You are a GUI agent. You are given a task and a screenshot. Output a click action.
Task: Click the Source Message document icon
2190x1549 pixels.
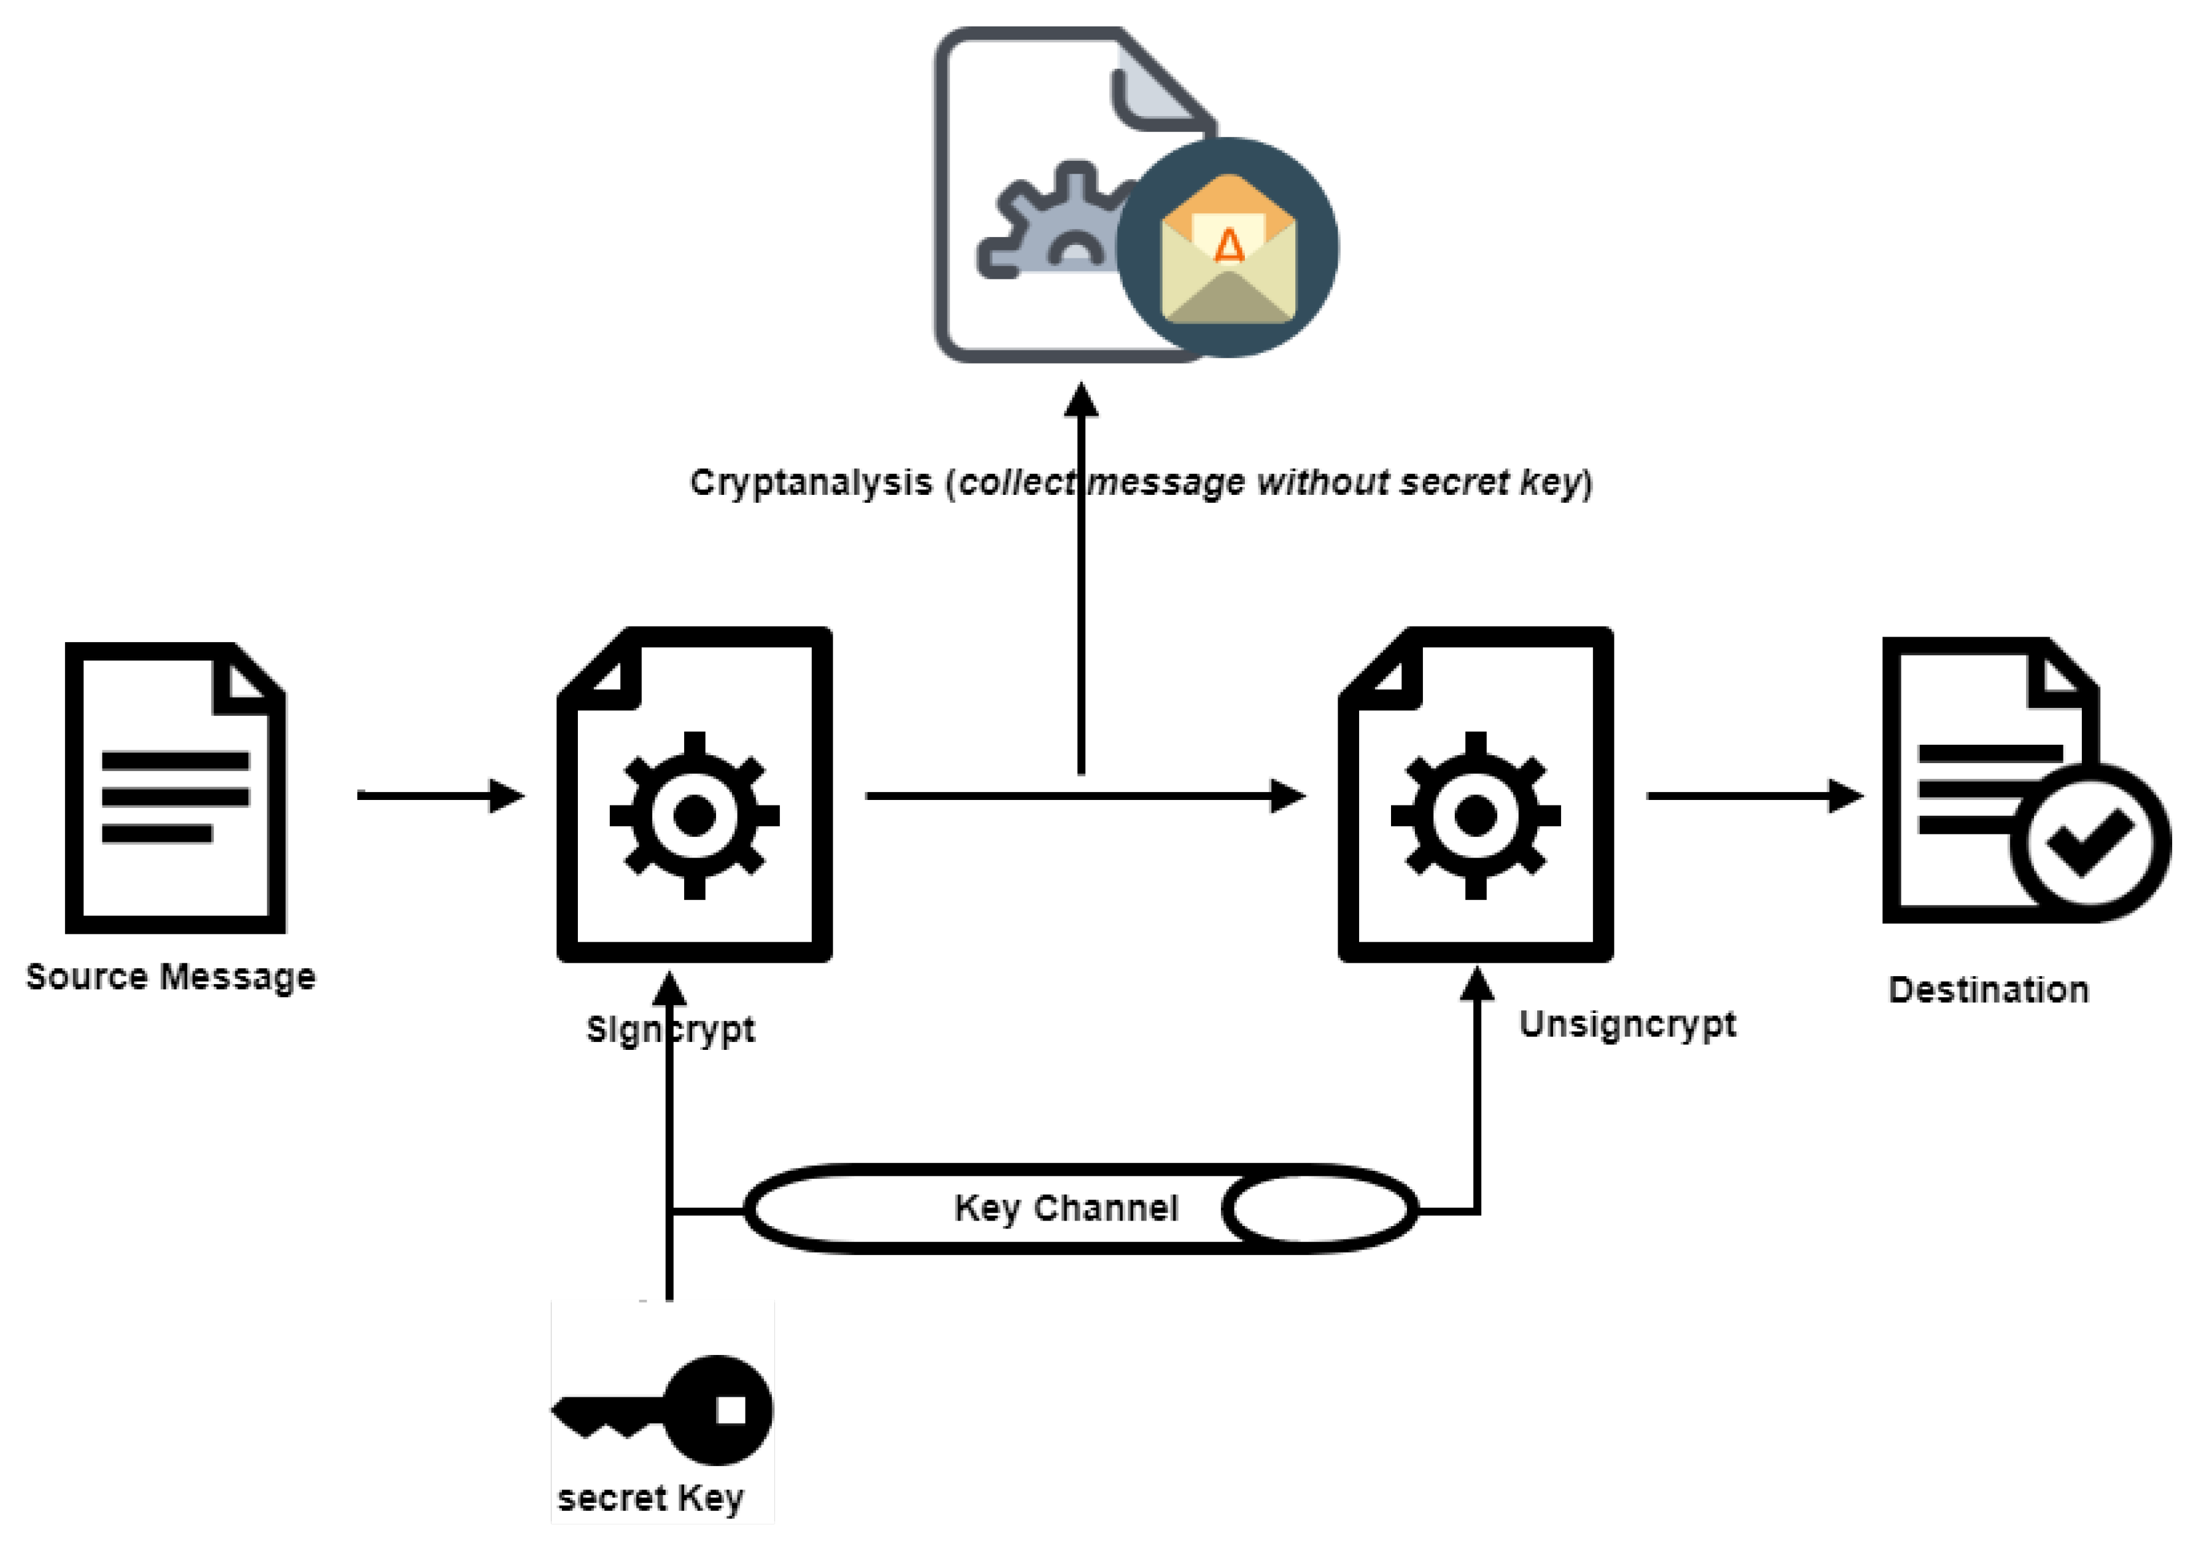click(174, 787)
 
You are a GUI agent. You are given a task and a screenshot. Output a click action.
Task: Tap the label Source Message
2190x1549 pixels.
click(170, 977)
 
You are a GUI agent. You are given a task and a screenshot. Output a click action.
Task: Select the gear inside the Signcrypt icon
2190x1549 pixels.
click(695, 815)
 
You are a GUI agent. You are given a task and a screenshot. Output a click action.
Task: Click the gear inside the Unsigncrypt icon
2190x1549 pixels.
click(1476, 815)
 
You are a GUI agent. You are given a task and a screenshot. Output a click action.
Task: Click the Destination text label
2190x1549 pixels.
click(1989, 990)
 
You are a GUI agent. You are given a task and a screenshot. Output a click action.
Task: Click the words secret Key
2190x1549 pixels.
click(650, 1499)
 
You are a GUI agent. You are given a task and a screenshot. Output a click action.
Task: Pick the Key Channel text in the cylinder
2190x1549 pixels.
click(1066, 1208)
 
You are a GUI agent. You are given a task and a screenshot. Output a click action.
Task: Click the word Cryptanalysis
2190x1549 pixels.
click(811, 483)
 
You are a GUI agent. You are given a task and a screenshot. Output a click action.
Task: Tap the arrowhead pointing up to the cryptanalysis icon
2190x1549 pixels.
click(1081, 400)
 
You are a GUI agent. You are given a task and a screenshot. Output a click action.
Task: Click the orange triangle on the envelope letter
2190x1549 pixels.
click(1228, 246)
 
